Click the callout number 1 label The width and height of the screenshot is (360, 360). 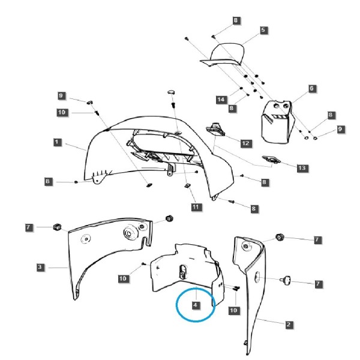click(57, 142)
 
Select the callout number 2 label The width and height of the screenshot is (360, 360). click(289, 325)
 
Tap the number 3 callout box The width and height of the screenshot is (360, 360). click(40, 267)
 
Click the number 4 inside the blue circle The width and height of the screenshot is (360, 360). click(196, 305)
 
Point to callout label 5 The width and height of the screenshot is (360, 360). click(263, 30)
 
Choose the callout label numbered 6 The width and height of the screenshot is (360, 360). click(311, 88)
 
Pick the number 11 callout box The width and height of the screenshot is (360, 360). click(196, 207)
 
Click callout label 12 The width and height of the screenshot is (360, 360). click(245, 143)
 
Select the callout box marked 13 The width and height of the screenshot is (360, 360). click(302, 168)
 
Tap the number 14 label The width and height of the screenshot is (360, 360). click(221, 100)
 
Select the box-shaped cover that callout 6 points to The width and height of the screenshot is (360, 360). click(277, 122)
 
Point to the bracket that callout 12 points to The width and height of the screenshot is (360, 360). click(216, 130)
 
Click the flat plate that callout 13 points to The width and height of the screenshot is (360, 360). click(271, 160)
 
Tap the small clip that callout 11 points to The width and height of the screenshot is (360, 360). click(188, 185)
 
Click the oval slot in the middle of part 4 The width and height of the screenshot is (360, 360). click(183, 271)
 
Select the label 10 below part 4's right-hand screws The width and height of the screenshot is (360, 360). click(234, 310)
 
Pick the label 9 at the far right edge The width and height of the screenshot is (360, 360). click(340, 129)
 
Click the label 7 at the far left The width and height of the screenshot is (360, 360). click(28, 227)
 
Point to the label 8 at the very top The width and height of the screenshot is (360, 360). click(236, 20)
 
